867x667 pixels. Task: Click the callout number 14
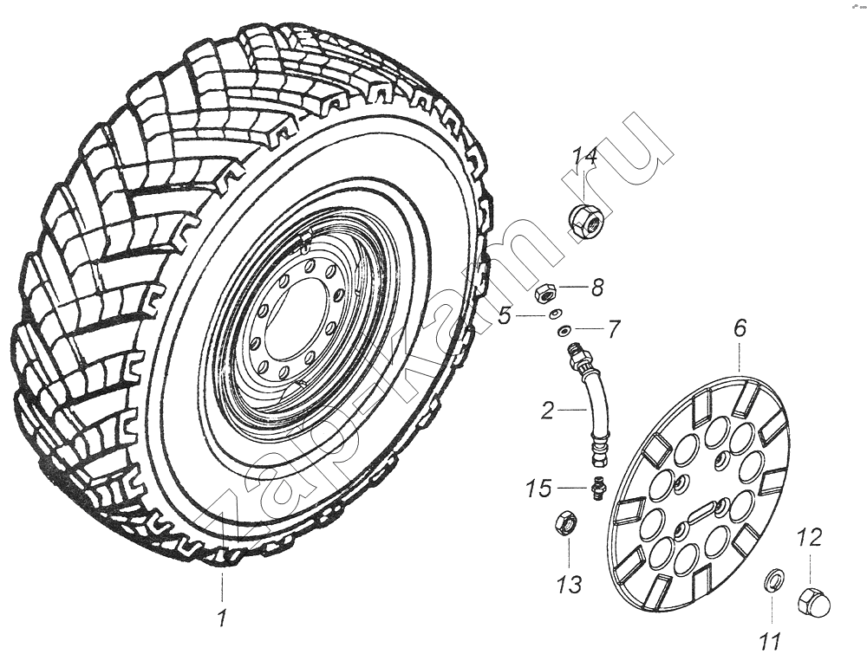pos(584,158)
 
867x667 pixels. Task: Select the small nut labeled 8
pos(545,293)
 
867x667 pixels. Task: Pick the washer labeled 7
pos(564,329)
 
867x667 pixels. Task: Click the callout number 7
pos(614,329)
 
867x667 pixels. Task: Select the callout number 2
pos(547,411)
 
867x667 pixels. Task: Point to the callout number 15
pos(540,489)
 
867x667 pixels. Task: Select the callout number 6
pos(740,328)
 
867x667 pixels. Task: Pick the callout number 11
pos(770,642)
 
